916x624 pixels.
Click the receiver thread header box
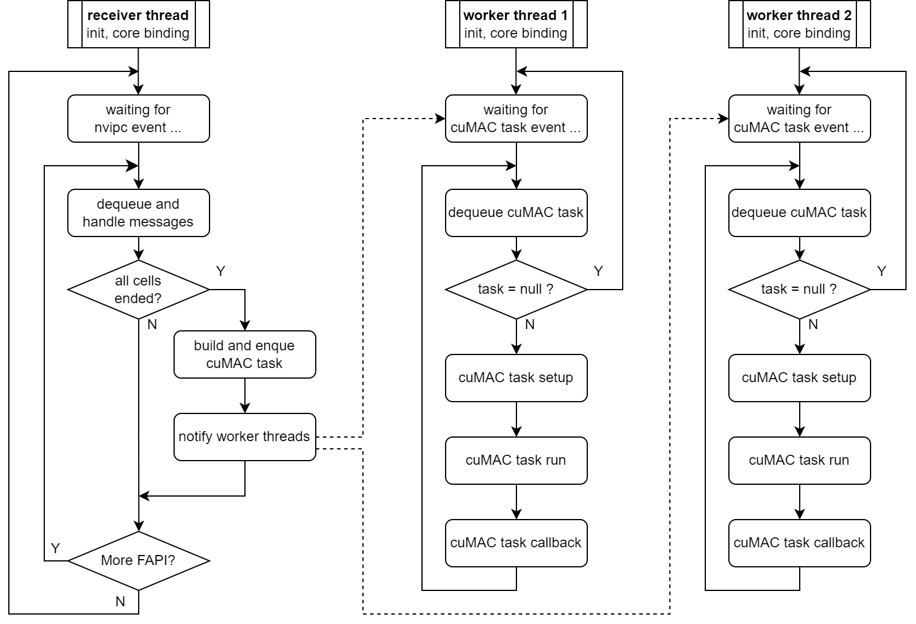pos(138,24)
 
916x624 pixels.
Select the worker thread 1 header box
pos(516,24)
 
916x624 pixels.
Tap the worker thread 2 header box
pos(799,24)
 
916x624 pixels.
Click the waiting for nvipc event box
pos(138,119)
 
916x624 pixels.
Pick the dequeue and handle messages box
pos(138,213)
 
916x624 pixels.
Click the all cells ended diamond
pos(138,290)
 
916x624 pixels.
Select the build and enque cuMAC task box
pos(244,354)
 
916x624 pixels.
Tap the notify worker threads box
pos(244,437)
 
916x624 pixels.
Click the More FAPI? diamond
pos(138,560)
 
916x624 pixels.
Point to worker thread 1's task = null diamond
pos(516,290)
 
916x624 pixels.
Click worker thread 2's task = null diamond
pos(799,290)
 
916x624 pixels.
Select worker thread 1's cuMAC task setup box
pos(516,378)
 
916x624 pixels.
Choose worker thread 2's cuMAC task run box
pos(799,461)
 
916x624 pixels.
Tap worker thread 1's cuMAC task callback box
pos(516,543)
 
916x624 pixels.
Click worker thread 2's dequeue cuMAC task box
pos(799,213)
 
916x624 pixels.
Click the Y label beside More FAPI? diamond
pos(55,549)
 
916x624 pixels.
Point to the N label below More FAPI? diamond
pos(120,602)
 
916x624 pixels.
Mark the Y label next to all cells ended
pos(221,271)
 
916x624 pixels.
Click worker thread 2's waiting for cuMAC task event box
pos(799,119)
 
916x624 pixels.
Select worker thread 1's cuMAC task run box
pos(516,461)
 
